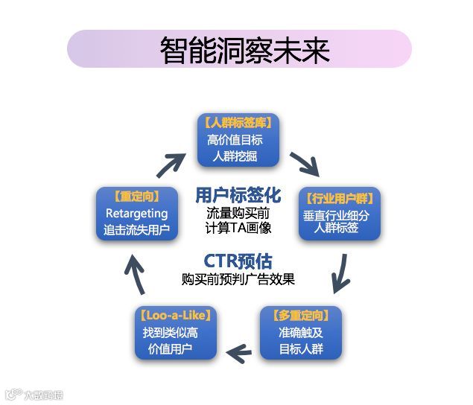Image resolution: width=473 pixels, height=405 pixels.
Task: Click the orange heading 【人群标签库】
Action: (238, 122)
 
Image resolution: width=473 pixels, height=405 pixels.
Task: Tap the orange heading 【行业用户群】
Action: (339, 198)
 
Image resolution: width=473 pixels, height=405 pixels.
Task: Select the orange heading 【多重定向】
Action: (300, 316)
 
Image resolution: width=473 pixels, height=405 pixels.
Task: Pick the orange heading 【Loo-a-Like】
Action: (176, 316)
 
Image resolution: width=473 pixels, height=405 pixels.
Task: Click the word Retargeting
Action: (137, 214)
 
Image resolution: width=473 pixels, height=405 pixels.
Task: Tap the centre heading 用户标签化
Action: (238, 196)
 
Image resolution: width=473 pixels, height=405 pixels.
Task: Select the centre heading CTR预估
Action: (238, 261)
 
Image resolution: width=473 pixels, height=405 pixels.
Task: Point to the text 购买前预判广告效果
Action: (238, 280)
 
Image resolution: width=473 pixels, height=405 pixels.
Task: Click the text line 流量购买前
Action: (238, 213)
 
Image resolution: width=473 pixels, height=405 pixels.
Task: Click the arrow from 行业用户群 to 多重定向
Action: (340, 272)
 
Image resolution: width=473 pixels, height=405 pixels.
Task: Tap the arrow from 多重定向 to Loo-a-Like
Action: (239, 353)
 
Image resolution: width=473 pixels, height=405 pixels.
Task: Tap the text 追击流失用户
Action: (137, 231)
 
